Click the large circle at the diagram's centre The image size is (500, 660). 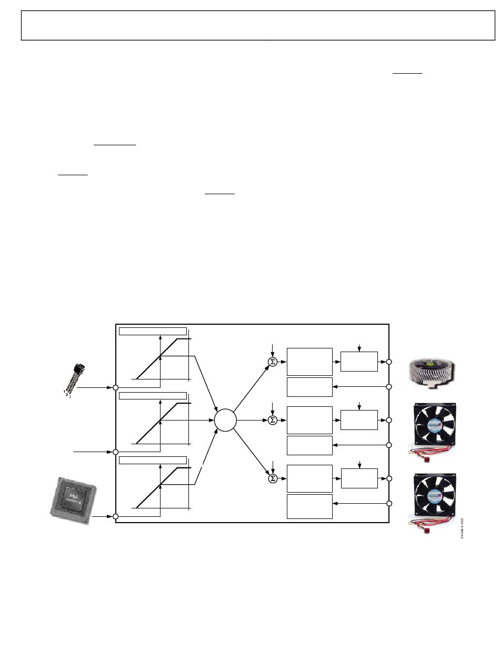point(225,420)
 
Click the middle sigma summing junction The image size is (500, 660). point(273,420)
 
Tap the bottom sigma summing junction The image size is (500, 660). point(273,478)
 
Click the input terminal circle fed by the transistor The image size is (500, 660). point(116,387)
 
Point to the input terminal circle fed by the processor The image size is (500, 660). point(116,517)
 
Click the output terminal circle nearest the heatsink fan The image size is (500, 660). point(389,362)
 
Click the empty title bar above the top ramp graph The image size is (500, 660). point(153,331)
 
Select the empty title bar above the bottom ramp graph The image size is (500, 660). point(153,461)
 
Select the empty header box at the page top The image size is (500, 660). point(258,25)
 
